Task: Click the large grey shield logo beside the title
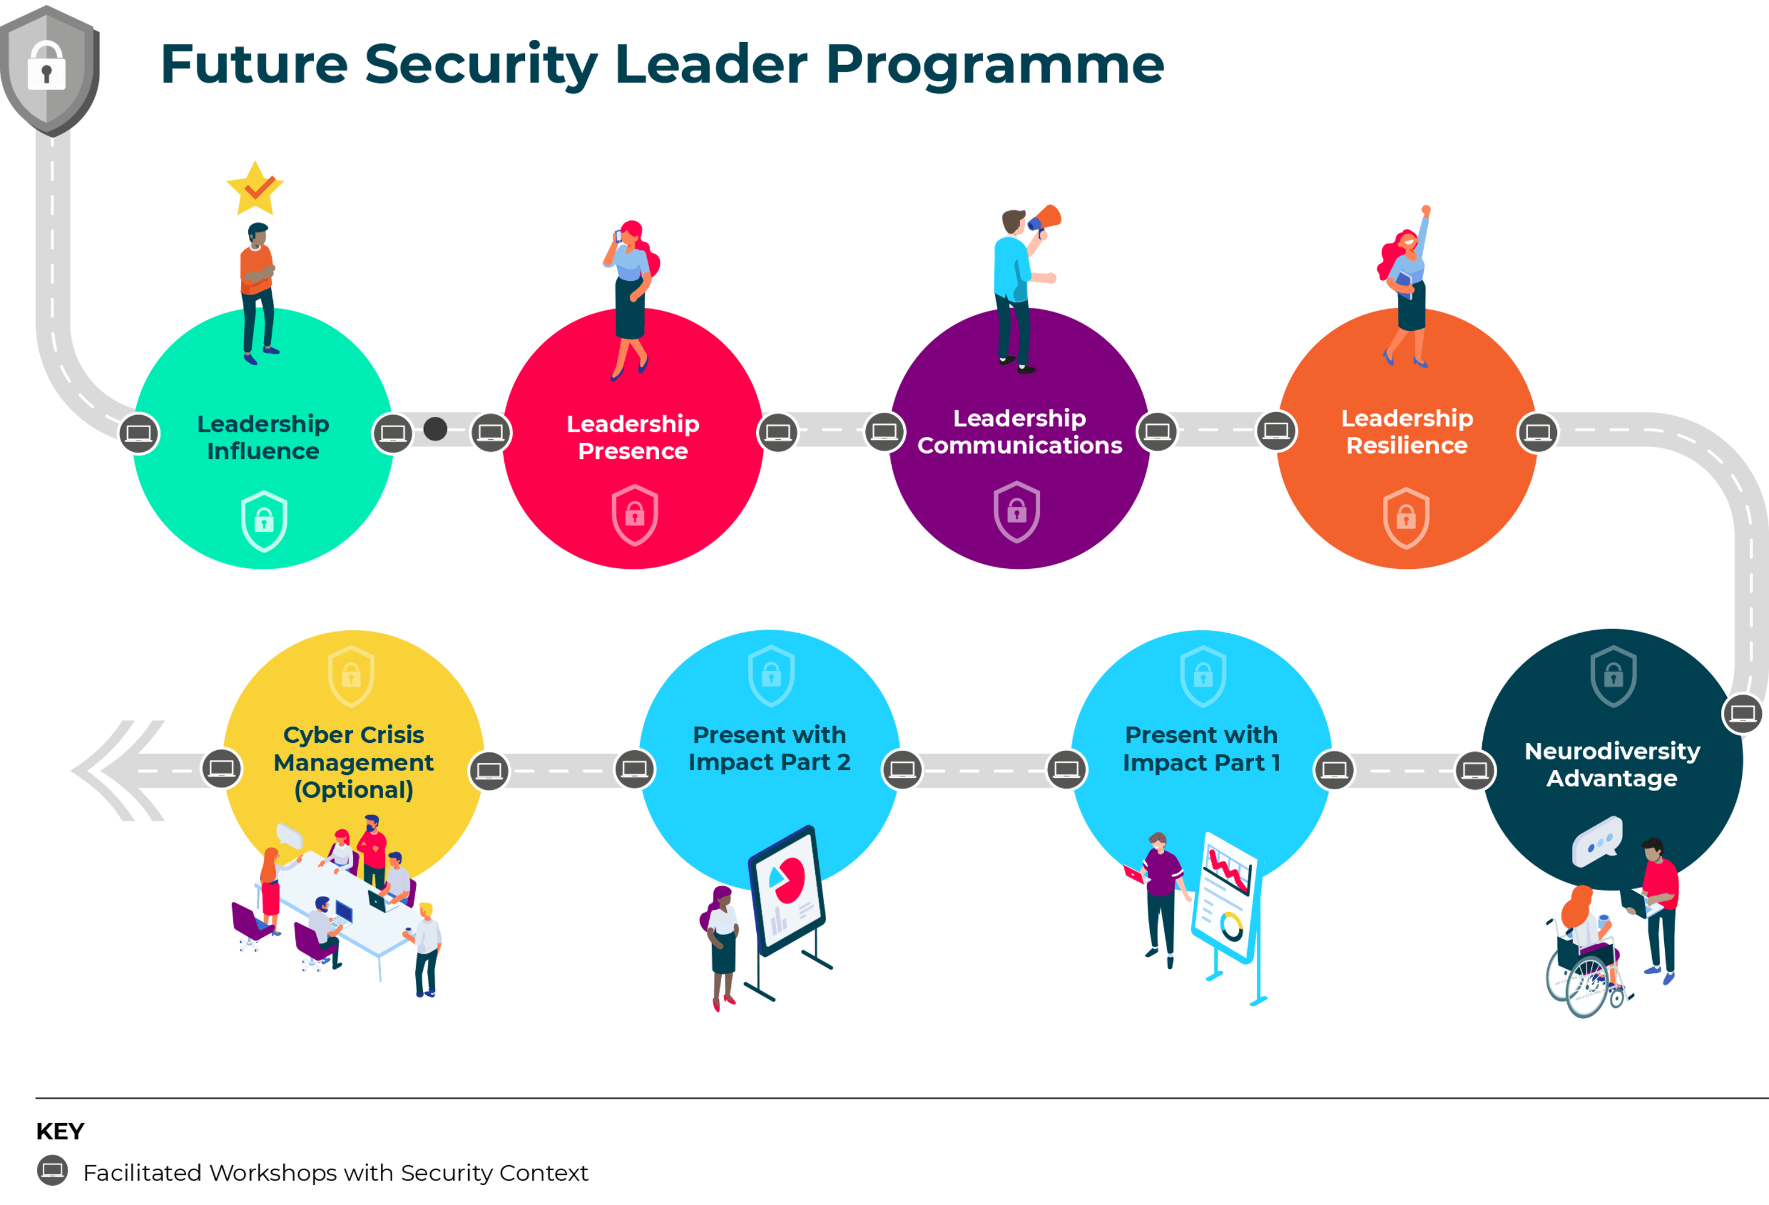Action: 49,70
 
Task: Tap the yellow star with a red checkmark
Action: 255,188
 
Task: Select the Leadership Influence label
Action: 263,437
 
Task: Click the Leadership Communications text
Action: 1019,431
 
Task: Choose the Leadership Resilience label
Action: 1407,431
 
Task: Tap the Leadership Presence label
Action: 633,437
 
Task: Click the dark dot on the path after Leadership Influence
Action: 436,428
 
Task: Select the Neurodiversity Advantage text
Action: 1612,764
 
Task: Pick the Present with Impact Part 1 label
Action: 1201,748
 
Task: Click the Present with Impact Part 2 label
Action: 769,748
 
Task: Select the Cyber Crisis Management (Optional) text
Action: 354,762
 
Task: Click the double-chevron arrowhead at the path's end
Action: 118,771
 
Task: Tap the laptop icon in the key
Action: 52,1170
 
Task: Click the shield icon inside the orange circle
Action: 1406,518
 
